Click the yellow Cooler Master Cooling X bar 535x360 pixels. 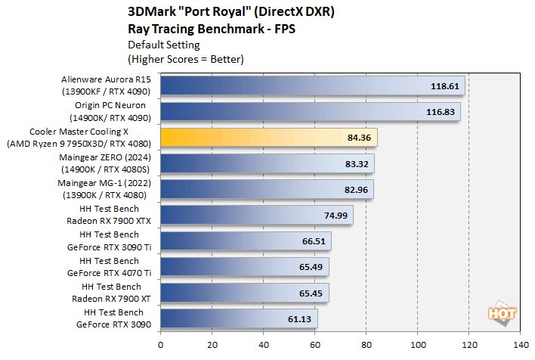point(268,137)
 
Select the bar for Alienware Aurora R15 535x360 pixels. point(312,85)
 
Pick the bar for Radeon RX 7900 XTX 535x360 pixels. point(256,215)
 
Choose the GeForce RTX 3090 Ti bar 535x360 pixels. point(246,241)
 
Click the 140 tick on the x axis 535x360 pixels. point(520,345)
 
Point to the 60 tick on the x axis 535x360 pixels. point(314,345)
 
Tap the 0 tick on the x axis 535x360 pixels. point(160,345)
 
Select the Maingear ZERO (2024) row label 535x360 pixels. point(108,163)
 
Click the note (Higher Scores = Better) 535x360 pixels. point(187,58)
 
